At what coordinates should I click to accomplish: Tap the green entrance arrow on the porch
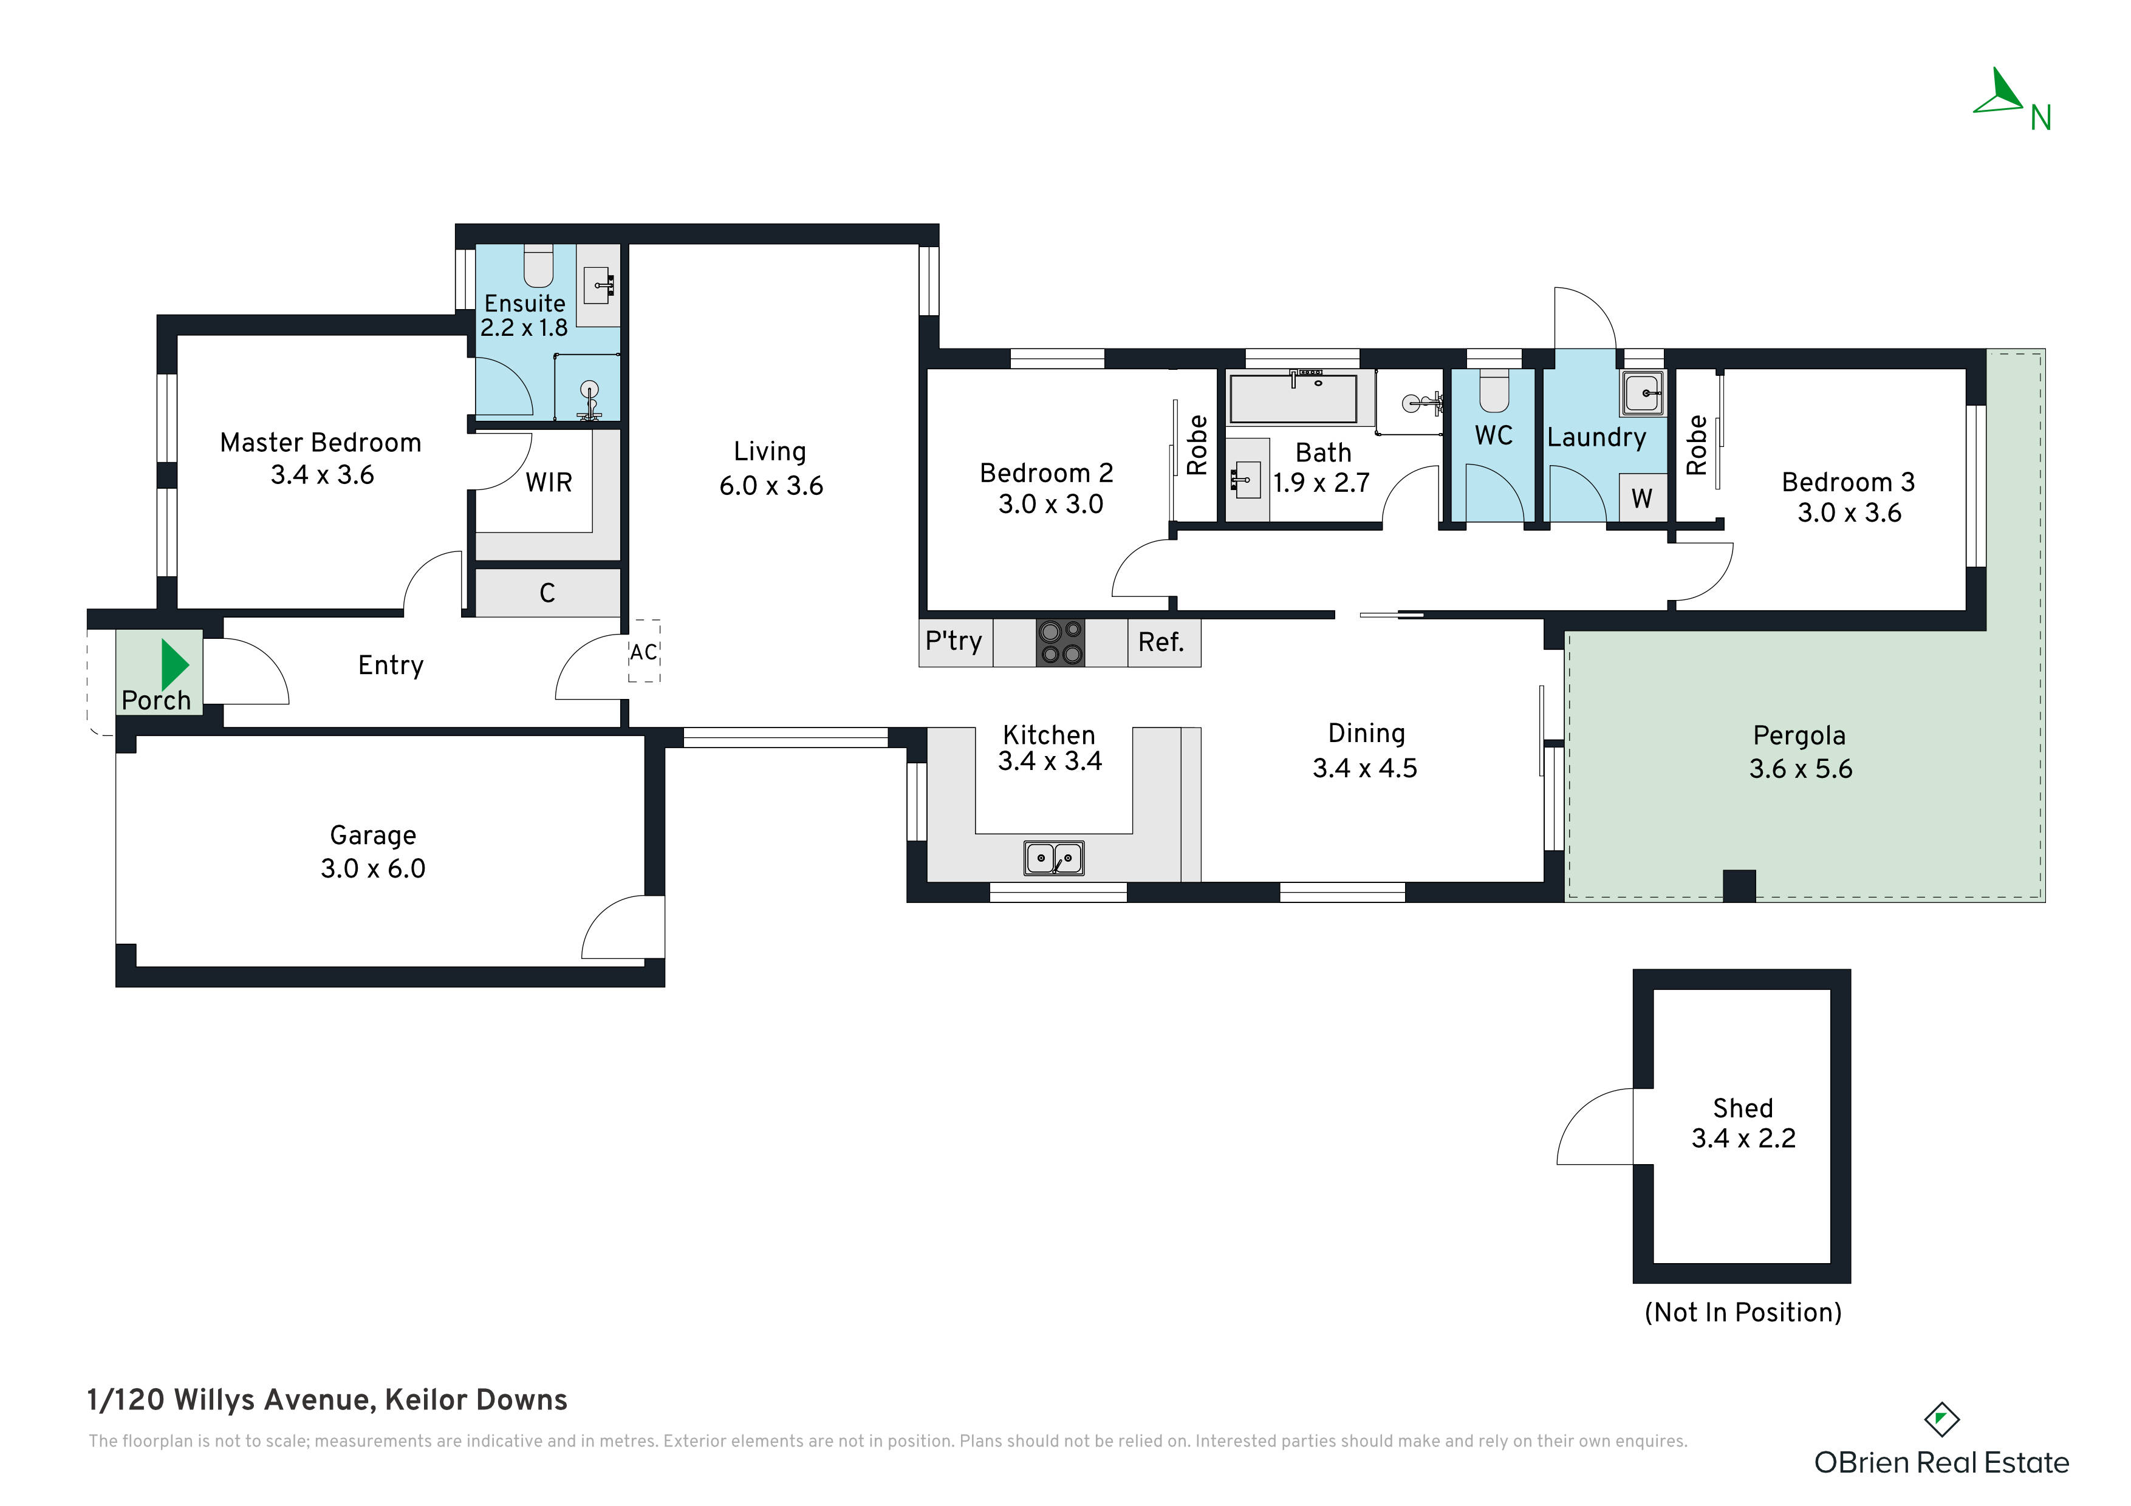click(174, 664)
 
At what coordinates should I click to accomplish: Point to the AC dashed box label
click(643, 652)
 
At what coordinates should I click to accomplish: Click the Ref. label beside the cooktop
click(1160, 642)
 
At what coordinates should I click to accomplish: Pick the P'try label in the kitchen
click(953, 641)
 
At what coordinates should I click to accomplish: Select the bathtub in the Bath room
click(1293, 399)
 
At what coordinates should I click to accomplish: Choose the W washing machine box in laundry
click(1642, 499)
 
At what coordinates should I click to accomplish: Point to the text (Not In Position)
click(1742, 1312)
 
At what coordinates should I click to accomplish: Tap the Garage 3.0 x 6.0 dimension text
click(373, 868)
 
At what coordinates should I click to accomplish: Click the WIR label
click(549, 483)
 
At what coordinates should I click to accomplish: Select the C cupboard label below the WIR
click(547, 593)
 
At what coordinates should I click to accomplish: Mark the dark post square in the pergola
click(1739, 885)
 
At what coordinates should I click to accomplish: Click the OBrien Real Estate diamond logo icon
click(1941, 1420)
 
